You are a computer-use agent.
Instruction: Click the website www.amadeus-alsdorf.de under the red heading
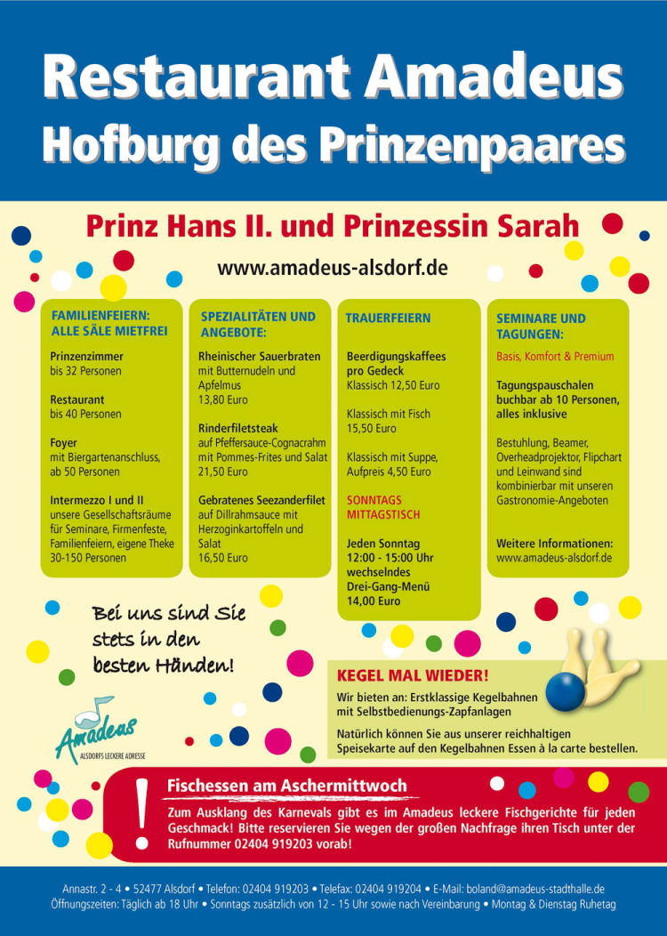point(333,268)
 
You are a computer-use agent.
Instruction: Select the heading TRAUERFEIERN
point(388,318)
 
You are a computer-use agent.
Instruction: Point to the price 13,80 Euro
point(223,399)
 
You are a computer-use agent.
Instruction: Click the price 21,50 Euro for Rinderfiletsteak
point(223,472)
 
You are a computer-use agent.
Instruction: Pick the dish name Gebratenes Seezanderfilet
point(260,500)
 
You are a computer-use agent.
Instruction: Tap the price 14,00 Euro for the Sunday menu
point(374,601)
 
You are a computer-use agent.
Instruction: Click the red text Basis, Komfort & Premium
point(555,356)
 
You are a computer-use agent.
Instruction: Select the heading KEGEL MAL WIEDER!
point(413,675)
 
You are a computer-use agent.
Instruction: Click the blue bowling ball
point(566,691)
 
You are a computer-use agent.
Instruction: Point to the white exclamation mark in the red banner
point(141,811)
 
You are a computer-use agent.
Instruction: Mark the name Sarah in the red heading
point(535,226)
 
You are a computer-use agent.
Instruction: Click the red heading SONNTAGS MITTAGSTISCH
point(383,507)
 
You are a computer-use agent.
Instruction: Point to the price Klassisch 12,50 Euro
point(393,385)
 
